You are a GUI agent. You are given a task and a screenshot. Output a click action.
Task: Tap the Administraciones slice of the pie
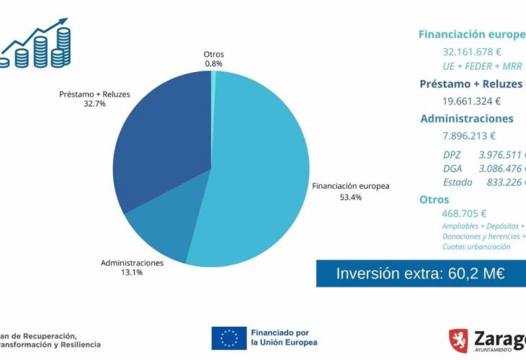[x=162, y=230]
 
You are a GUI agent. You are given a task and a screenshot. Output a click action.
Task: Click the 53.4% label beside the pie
[x=350, y=197]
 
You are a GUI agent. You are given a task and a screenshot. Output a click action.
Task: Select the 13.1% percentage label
[x=131, y=273]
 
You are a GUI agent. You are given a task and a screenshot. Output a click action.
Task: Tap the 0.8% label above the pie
[x=213, y=63]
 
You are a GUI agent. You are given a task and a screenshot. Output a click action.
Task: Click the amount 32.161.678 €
[x=472, y=52]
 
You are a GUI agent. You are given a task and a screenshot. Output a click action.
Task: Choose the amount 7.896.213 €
[x=469, y=135]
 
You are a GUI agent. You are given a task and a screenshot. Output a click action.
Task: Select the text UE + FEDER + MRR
[x=481, y=66]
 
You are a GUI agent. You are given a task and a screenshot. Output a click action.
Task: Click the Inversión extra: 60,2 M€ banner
[x=421, y=274]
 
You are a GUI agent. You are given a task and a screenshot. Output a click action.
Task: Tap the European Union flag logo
[x=229, y=337]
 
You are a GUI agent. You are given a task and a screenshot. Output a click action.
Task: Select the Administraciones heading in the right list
[x=466, y=119]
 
